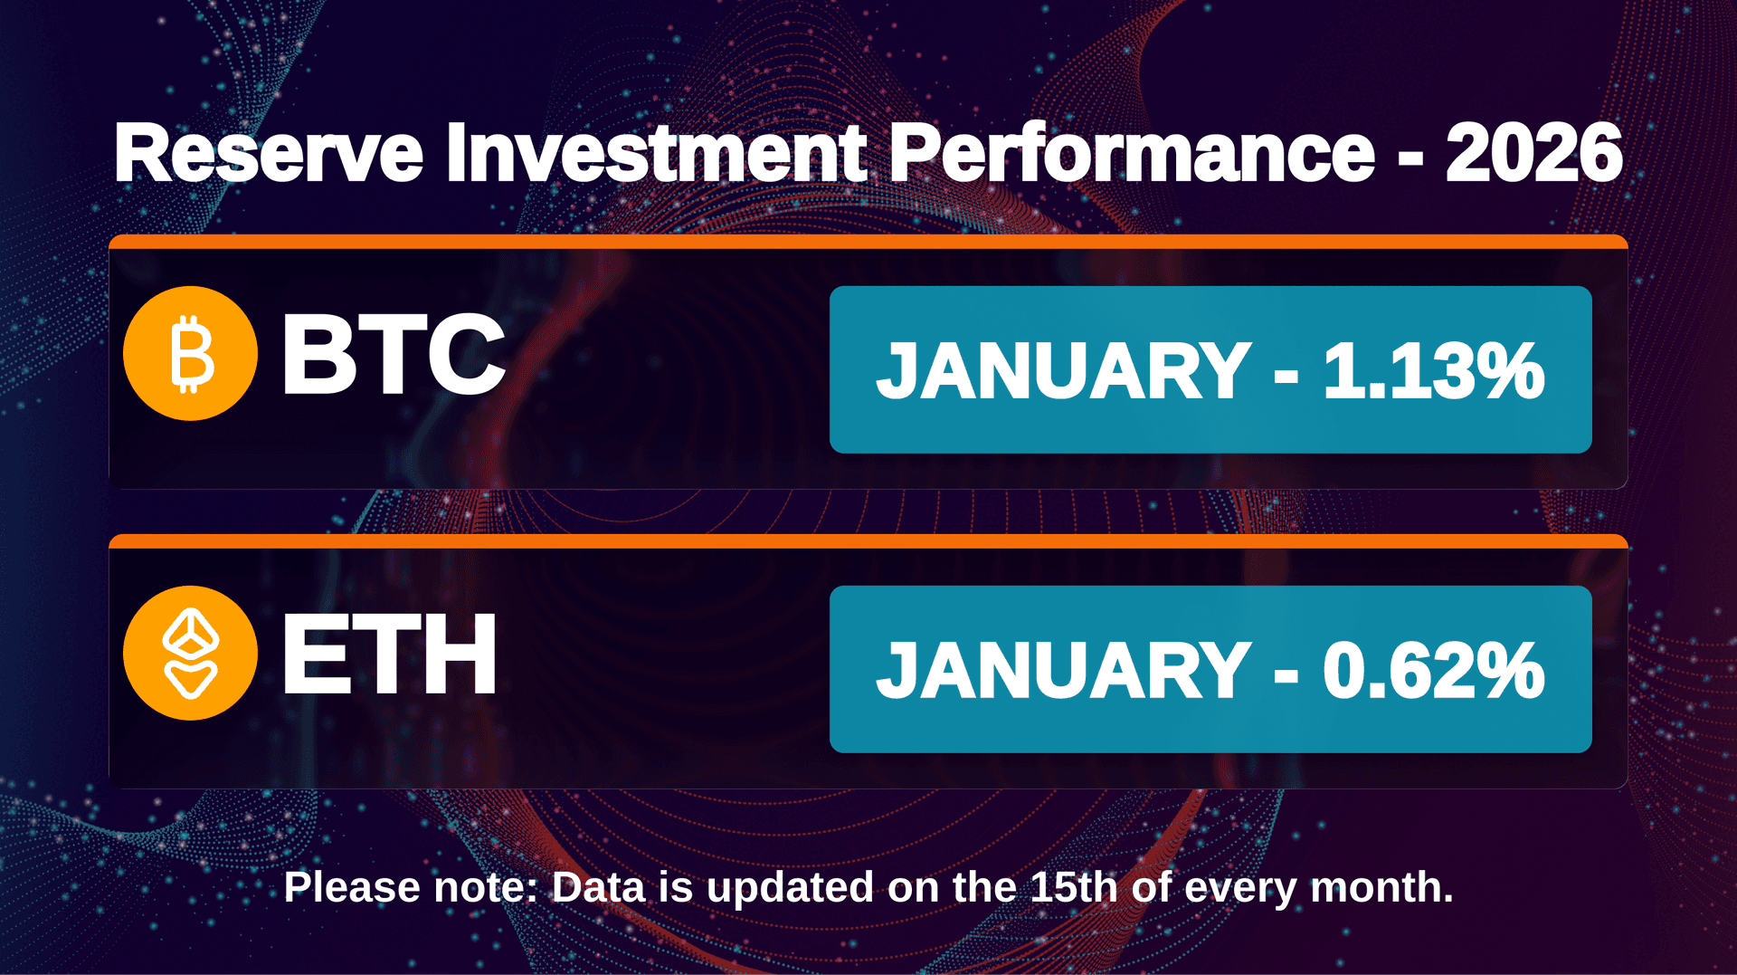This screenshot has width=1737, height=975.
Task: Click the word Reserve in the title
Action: click(x=269, y=154)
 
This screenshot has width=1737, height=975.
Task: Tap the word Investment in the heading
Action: click(x=656, y=154)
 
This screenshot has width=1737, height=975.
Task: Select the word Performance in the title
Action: click(x=1132, y=154)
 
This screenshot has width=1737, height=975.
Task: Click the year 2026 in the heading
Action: click(x=1533, y=154)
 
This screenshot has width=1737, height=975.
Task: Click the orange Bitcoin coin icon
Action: click(x=190, y=353)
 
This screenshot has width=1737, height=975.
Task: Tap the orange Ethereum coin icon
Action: click(x=190, y=653)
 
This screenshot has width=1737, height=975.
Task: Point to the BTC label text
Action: click(x=393, y=354)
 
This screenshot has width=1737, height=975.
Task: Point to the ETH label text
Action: click(x=389, y=654)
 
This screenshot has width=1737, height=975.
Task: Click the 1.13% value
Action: click(x=1433, y=371)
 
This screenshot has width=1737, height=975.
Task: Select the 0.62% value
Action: click(x=1433, y=671)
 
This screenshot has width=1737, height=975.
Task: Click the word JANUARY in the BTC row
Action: click(x=1064, y=371)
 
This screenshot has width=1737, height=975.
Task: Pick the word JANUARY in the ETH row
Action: click(x=1064, y=671)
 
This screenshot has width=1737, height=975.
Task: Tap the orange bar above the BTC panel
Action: click(x=868, y=242)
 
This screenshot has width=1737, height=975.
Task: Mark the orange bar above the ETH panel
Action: click(x=868, y=541)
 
